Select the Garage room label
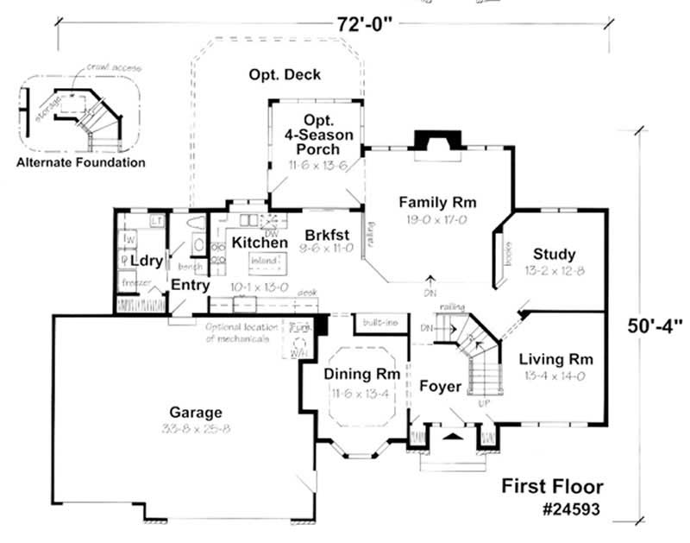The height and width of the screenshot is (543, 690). click(x=195, y=413)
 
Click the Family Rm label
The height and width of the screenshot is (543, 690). click(x=437, y=202)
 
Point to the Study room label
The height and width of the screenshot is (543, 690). click(x=554, y=254)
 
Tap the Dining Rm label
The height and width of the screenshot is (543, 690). click(x=361, y=375)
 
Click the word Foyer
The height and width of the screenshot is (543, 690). click(x=441, y=387)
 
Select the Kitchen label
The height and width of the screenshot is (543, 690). click(x=260, y=243)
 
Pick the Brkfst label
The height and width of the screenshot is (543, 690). click(x=326, y=234)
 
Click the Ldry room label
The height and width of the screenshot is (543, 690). click(x=147, y=260)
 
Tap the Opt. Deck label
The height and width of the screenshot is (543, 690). click(x=285, y=75)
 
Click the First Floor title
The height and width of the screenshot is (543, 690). click(x=552, y=486)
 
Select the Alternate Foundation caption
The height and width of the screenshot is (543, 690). click(x=80, y=162)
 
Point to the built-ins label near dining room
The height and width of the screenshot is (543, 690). click(x=379, y=322)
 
